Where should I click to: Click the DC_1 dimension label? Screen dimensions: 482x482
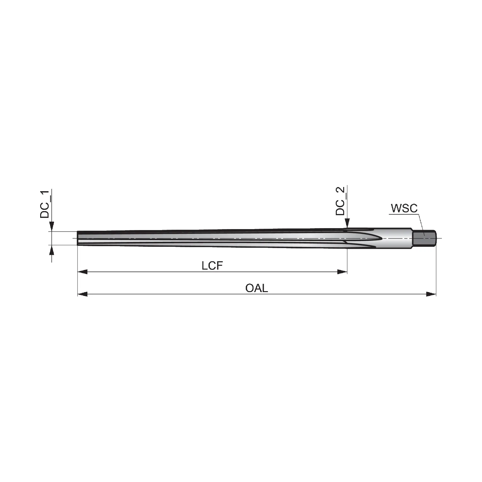point(45,204)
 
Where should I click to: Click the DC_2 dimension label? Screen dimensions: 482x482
point(340,201)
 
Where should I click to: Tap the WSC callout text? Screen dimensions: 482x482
point(404,208)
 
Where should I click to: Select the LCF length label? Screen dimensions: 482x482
point(212,266)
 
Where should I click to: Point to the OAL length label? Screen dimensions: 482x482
point(256,288)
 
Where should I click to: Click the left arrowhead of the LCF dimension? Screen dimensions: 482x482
point(83,272)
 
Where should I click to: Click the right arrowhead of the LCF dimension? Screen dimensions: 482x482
point(342,272)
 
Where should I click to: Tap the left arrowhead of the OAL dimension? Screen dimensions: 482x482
point(83,294)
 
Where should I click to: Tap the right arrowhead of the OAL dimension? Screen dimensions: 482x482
point(431,294)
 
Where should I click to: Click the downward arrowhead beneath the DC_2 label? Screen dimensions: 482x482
point(347,224)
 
